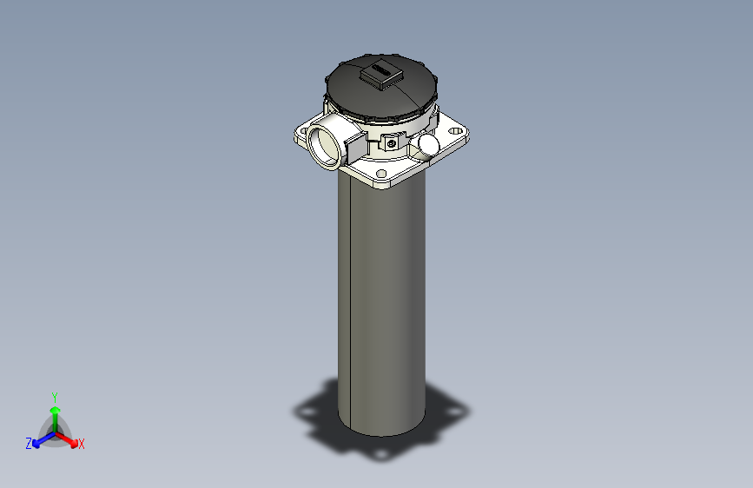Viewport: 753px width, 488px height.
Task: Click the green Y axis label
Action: (x=54, y=396)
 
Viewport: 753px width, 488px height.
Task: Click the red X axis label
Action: (x=81, y=445)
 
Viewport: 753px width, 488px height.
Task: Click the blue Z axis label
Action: (x=29, y=444)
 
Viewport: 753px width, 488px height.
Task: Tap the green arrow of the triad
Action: (x=54, y=412)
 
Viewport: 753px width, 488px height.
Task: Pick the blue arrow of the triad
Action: (x=40, y=439)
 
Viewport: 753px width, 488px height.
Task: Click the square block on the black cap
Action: (x=380, y=76)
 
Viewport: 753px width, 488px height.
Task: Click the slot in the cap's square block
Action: (x=380, y=70)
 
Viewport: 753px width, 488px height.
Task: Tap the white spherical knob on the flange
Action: (x=429, y=142)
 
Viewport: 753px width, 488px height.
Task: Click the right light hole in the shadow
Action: (x=457, y=407)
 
